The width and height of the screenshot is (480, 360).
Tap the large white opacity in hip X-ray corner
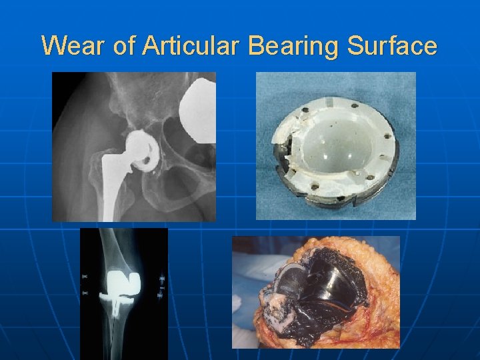point(199,100)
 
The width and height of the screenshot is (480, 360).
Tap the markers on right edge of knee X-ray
point(162,283)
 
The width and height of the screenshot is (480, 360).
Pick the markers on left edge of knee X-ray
point(85,283)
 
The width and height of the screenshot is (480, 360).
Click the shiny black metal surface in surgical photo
point(327,280)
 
